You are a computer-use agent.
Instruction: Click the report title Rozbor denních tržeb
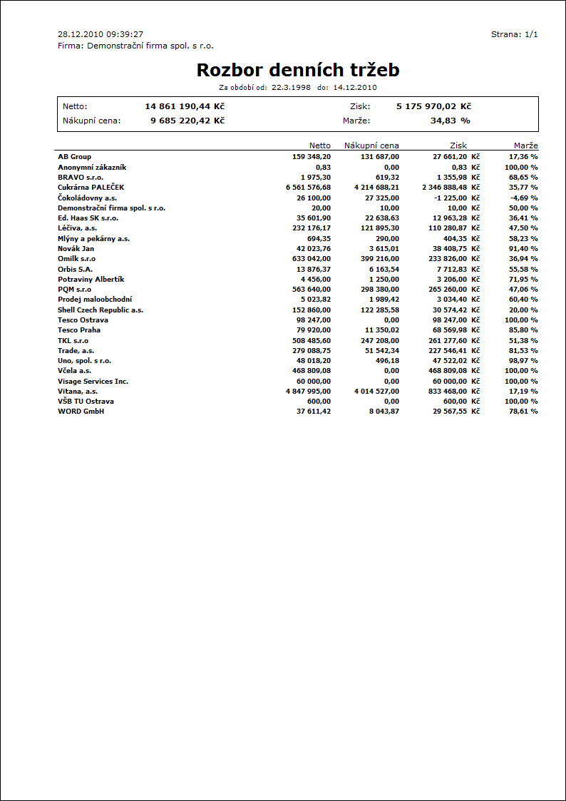point(297,70)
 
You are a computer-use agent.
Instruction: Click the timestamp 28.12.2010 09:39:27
point(101,34)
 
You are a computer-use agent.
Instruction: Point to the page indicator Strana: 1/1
point(514,34)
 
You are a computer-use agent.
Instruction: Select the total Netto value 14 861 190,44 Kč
point(185,106)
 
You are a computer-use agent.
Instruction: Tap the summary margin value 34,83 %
point(450,121)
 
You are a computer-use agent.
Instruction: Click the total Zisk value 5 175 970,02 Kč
point(433,106)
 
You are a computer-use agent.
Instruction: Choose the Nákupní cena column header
point(371,146)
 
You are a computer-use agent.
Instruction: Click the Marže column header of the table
point(525,146)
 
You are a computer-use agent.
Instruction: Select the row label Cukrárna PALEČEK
point(91,187)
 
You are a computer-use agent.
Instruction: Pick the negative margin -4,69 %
point(523,198)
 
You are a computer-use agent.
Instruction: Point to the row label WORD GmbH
point(81,412)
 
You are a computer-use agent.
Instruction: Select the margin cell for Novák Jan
point(523,248)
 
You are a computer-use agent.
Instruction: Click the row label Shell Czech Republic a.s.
point(101,310)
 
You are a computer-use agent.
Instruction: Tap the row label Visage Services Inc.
point(93,382)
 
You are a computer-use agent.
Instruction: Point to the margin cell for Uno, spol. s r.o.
point(523,361)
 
